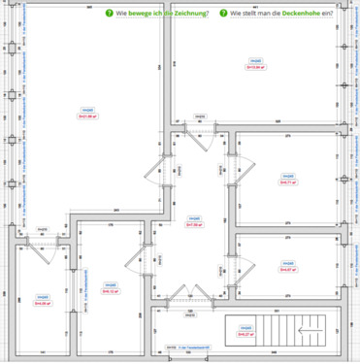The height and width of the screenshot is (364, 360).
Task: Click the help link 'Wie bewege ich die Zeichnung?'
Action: (161, 15)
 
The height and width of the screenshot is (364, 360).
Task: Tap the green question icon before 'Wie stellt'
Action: (223, 15)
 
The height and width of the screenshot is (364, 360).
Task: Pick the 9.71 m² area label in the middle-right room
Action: (287, 181)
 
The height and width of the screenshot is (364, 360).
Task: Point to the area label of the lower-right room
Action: (287, 269)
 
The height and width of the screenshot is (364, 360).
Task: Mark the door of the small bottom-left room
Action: (43, 244)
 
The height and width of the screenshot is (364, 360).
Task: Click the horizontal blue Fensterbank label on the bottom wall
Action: (187, 346)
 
